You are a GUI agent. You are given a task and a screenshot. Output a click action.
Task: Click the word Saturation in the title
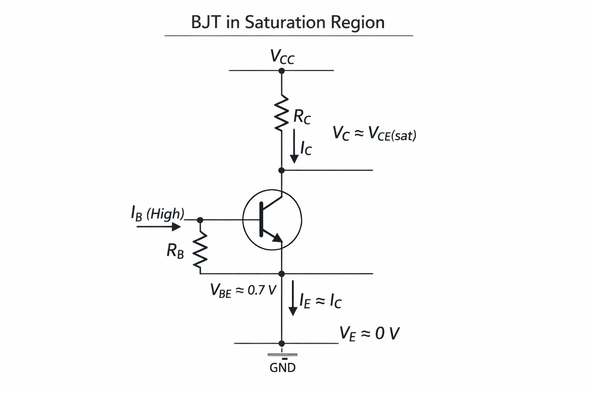[x=285, y=22]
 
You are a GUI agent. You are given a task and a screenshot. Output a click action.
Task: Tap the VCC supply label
[x=282, y=56]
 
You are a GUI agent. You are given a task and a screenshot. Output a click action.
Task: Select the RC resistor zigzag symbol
[x=281, y=113]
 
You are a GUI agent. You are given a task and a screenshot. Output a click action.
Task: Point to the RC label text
[x=302, y=116]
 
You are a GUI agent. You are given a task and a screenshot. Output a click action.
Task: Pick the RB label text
[x=175, y=251]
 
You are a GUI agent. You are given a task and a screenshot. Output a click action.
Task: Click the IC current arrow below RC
[x=294, y=146]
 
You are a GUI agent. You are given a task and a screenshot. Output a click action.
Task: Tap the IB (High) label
[x=157, y=213]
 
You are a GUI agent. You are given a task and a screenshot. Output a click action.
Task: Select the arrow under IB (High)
[x=159, y=227]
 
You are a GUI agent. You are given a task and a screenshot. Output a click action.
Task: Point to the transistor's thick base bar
[x=261, y=220]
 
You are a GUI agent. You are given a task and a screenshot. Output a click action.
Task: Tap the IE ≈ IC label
[x=321, y=301]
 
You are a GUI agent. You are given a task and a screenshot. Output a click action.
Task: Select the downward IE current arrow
[x=293, y=298]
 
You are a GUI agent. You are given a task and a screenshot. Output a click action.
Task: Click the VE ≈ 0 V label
[x=370, y=334]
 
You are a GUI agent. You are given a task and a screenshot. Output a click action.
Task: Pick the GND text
[x=283, y=368]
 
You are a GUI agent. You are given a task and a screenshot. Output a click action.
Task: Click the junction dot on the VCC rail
[x=282, y=71]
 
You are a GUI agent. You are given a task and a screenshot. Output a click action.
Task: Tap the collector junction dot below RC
[x=282, y=170]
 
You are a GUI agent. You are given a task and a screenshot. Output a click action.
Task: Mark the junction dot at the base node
[x=200, y=220]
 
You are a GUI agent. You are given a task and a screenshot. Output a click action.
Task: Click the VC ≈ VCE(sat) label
[x=375, y=134]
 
